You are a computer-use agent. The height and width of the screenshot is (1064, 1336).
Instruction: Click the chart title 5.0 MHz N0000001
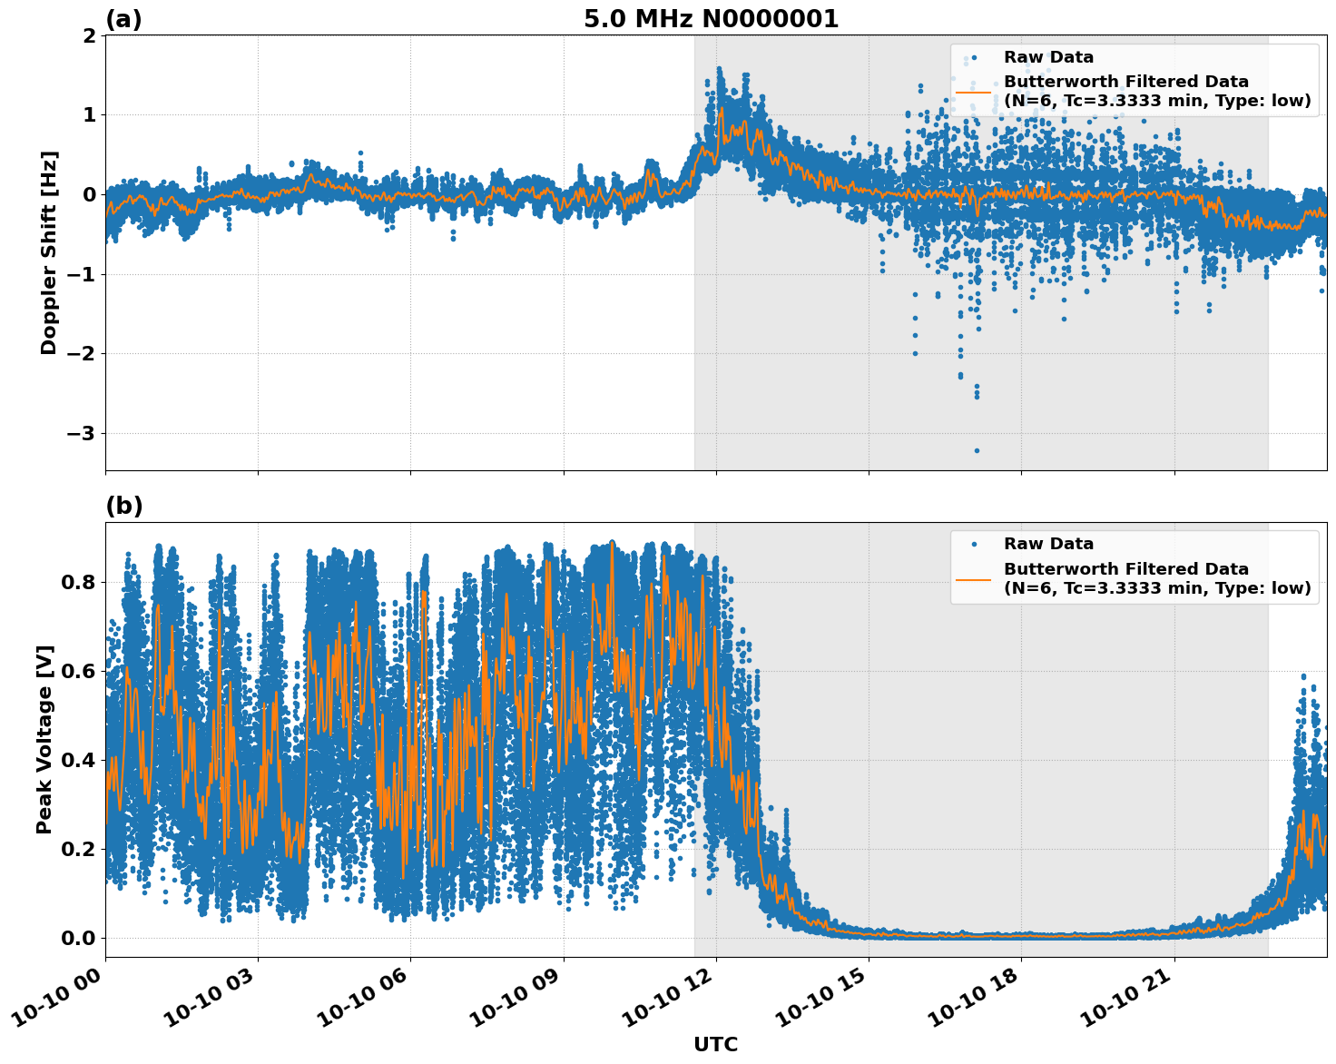(711, 19)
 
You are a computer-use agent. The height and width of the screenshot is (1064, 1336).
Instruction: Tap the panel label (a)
(123, 19)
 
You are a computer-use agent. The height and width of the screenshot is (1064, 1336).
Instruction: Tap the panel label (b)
(123, 506)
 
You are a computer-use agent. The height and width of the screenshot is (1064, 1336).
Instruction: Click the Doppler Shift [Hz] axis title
(49, 252)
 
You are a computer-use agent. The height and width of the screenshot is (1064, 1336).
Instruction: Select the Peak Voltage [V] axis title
(44, 739)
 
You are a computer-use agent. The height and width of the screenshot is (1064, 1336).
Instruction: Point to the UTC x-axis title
(715, 1044)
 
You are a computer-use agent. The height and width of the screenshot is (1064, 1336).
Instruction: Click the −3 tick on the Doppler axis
(81, 434)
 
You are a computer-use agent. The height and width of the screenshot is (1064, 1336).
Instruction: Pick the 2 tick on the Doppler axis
(89, 35)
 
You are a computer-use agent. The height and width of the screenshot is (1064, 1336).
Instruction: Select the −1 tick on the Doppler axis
(81, 274)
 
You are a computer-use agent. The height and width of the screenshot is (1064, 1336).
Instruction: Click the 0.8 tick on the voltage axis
(77, 582)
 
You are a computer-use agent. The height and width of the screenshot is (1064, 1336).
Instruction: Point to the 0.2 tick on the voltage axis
(77, 849)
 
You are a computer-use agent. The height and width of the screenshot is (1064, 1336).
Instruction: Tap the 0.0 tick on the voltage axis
(77, 938)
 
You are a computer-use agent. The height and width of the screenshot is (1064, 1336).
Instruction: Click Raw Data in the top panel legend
(1048, 57)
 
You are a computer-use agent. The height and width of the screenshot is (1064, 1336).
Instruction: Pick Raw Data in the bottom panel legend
(1048, 544)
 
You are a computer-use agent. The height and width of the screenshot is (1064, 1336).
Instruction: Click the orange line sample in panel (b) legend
(973, 579)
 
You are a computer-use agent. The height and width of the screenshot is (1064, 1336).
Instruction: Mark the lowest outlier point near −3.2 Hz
(977, 450)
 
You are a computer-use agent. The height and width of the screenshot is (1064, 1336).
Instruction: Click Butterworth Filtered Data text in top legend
(1125, 82)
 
